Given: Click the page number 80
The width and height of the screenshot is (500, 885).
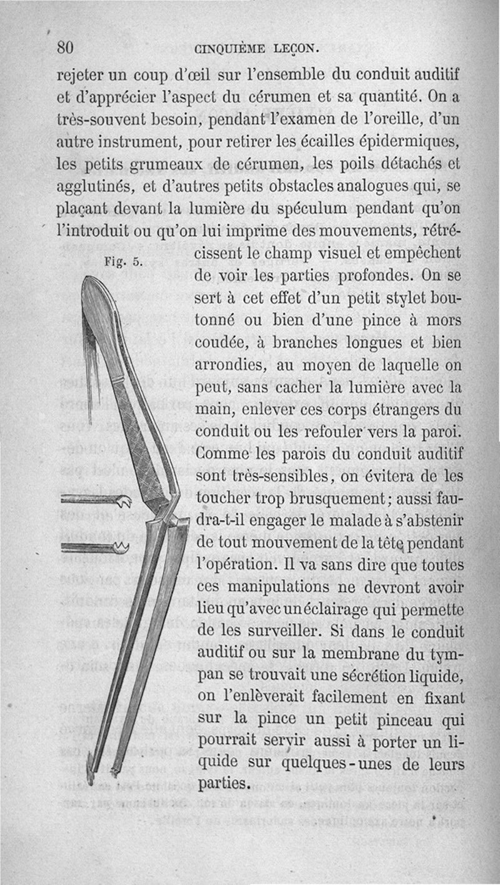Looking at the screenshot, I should tap(66, 48).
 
